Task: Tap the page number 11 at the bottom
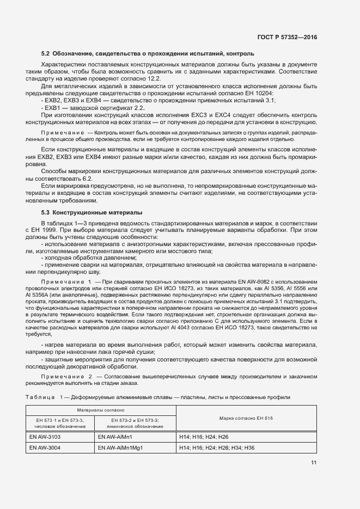coord(314,463)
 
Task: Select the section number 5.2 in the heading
coord(46,54)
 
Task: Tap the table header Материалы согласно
coord(101,409)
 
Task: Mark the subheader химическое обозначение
coord(135,426)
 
